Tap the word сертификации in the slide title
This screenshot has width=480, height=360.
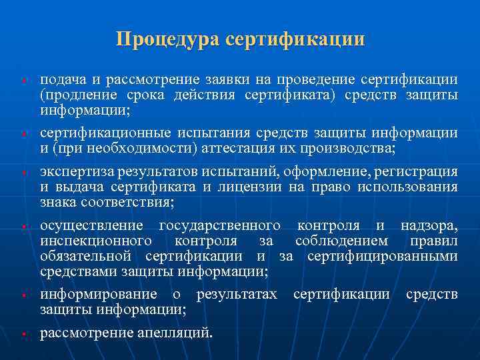(295, 39)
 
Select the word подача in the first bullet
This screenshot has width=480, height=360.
(61, 81)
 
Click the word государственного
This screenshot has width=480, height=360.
(220, 226)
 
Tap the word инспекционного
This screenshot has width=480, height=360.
(95, 241)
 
